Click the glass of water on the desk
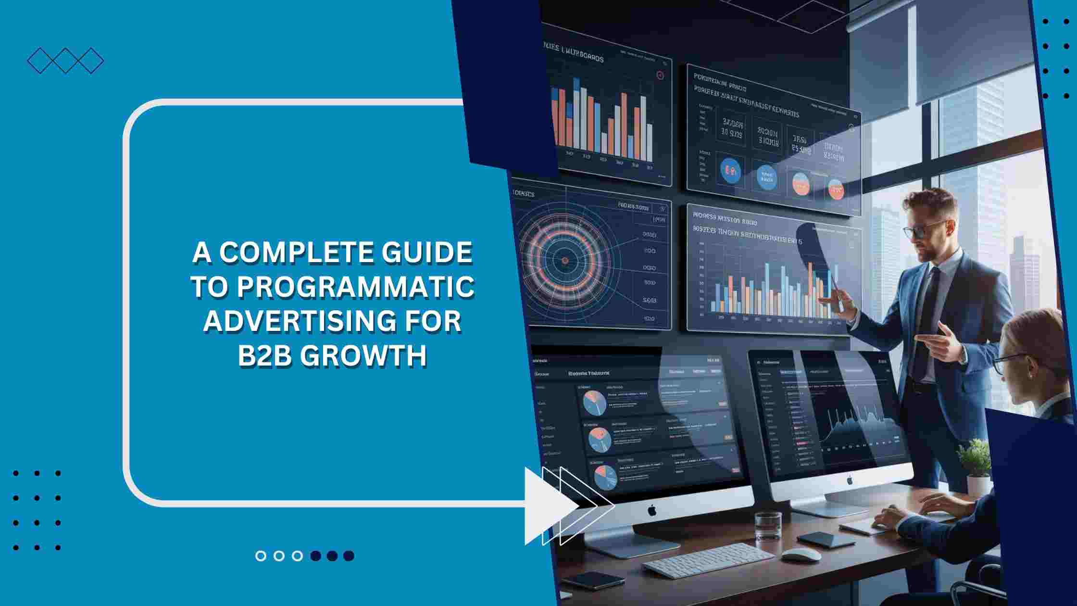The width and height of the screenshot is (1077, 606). (768, 526)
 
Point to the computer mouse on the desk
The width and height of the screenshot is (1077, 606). (801, 554)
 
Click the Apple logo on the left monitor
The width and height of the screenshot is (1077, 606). (651, 510)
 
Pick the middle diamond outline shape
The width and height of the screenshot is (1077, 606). (65, 61)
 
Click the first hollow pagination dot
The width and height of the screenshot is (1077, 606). (261, 556)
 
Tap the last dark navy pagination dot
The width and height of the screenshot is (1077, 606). (349, 556)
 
